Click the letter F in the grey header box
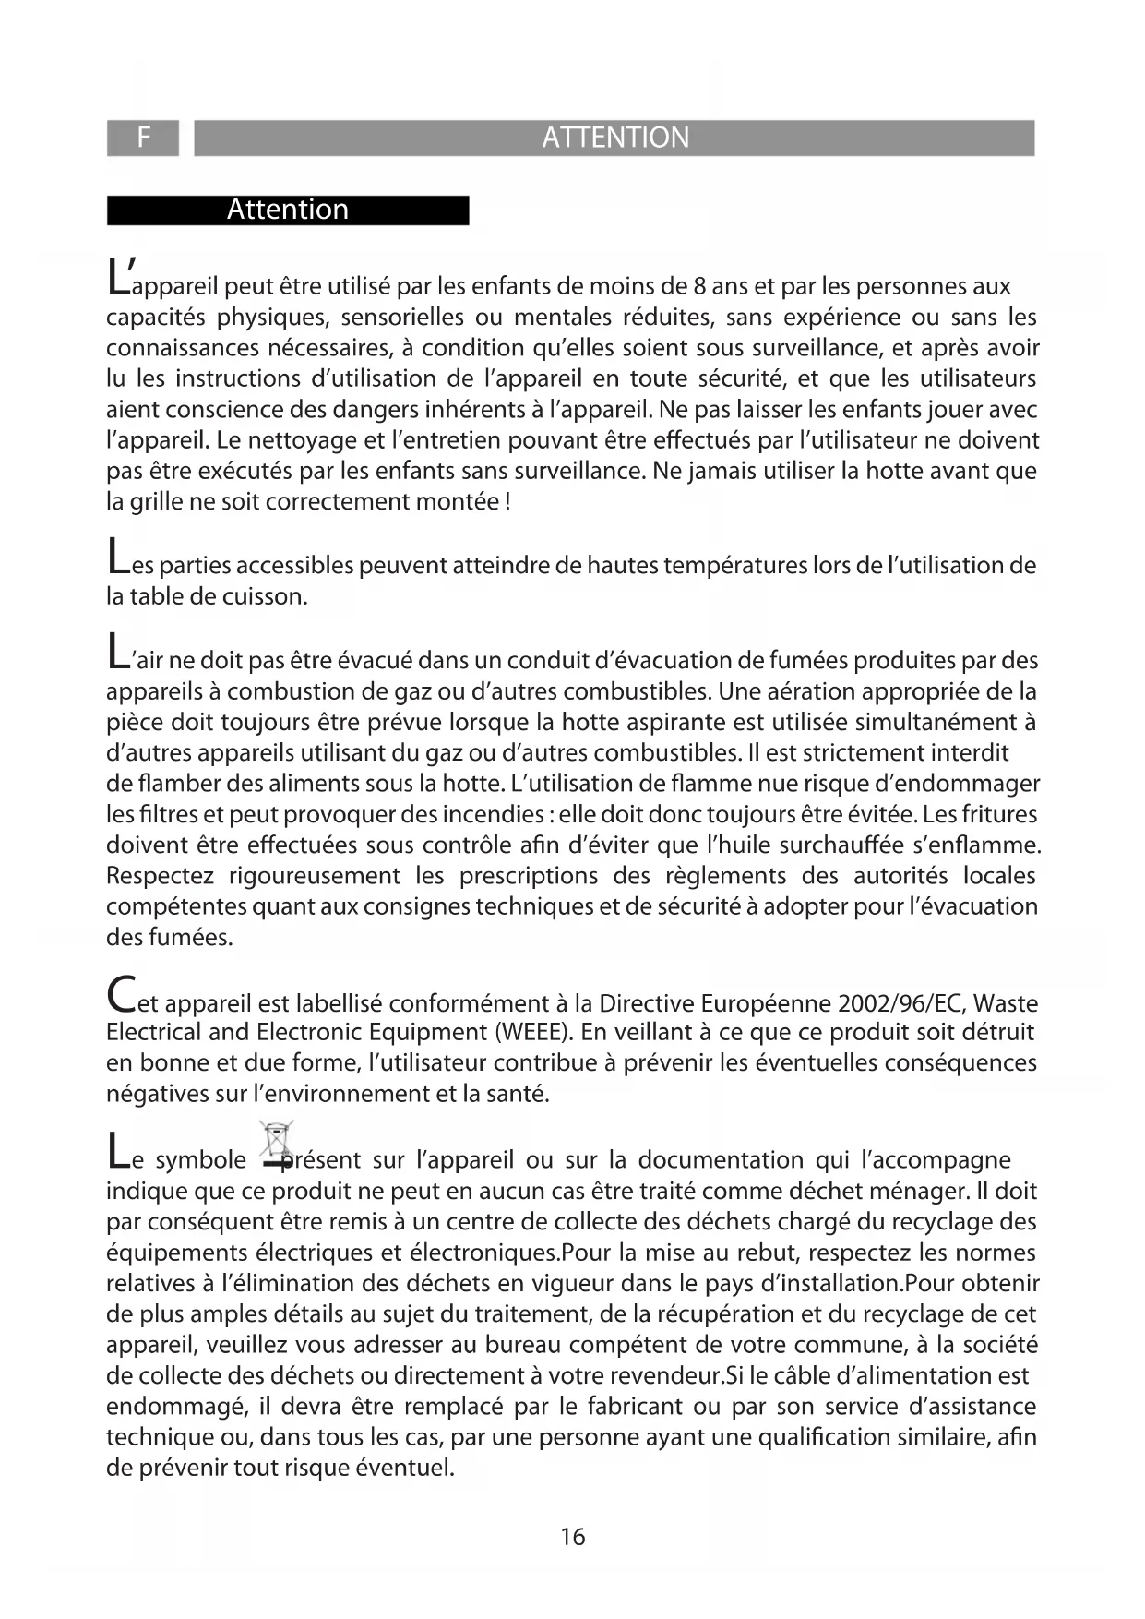pos(143,138)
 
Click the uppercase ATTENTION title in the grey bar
pos(614,138)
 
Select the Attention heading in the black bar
pos(287,210)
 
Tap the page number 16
pos(572,1537)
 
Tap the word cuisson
pos(268,596)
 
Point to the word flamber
pos(176,784)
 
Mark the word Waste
pos(1006,1002)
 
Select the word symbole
pos(201,1160)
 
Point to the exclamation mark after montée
pos(509,502)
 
